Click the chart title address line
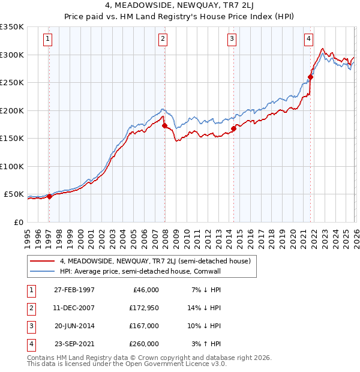tap(180, 6)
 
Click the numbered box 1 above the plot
tap(47, 40)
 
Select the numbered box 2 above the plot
tap(163, 40)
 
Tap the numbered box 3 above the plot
tap(232, 40)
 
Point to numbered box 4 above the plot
tap(308, 40)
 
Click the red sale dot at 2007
tap(164, 125)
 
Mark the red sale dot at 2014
tap(233, 128)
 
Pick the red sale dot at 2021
tap(311, 77)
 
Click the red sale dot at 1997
tap(49, 196)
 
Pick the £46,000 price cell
tap(145, 290)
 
